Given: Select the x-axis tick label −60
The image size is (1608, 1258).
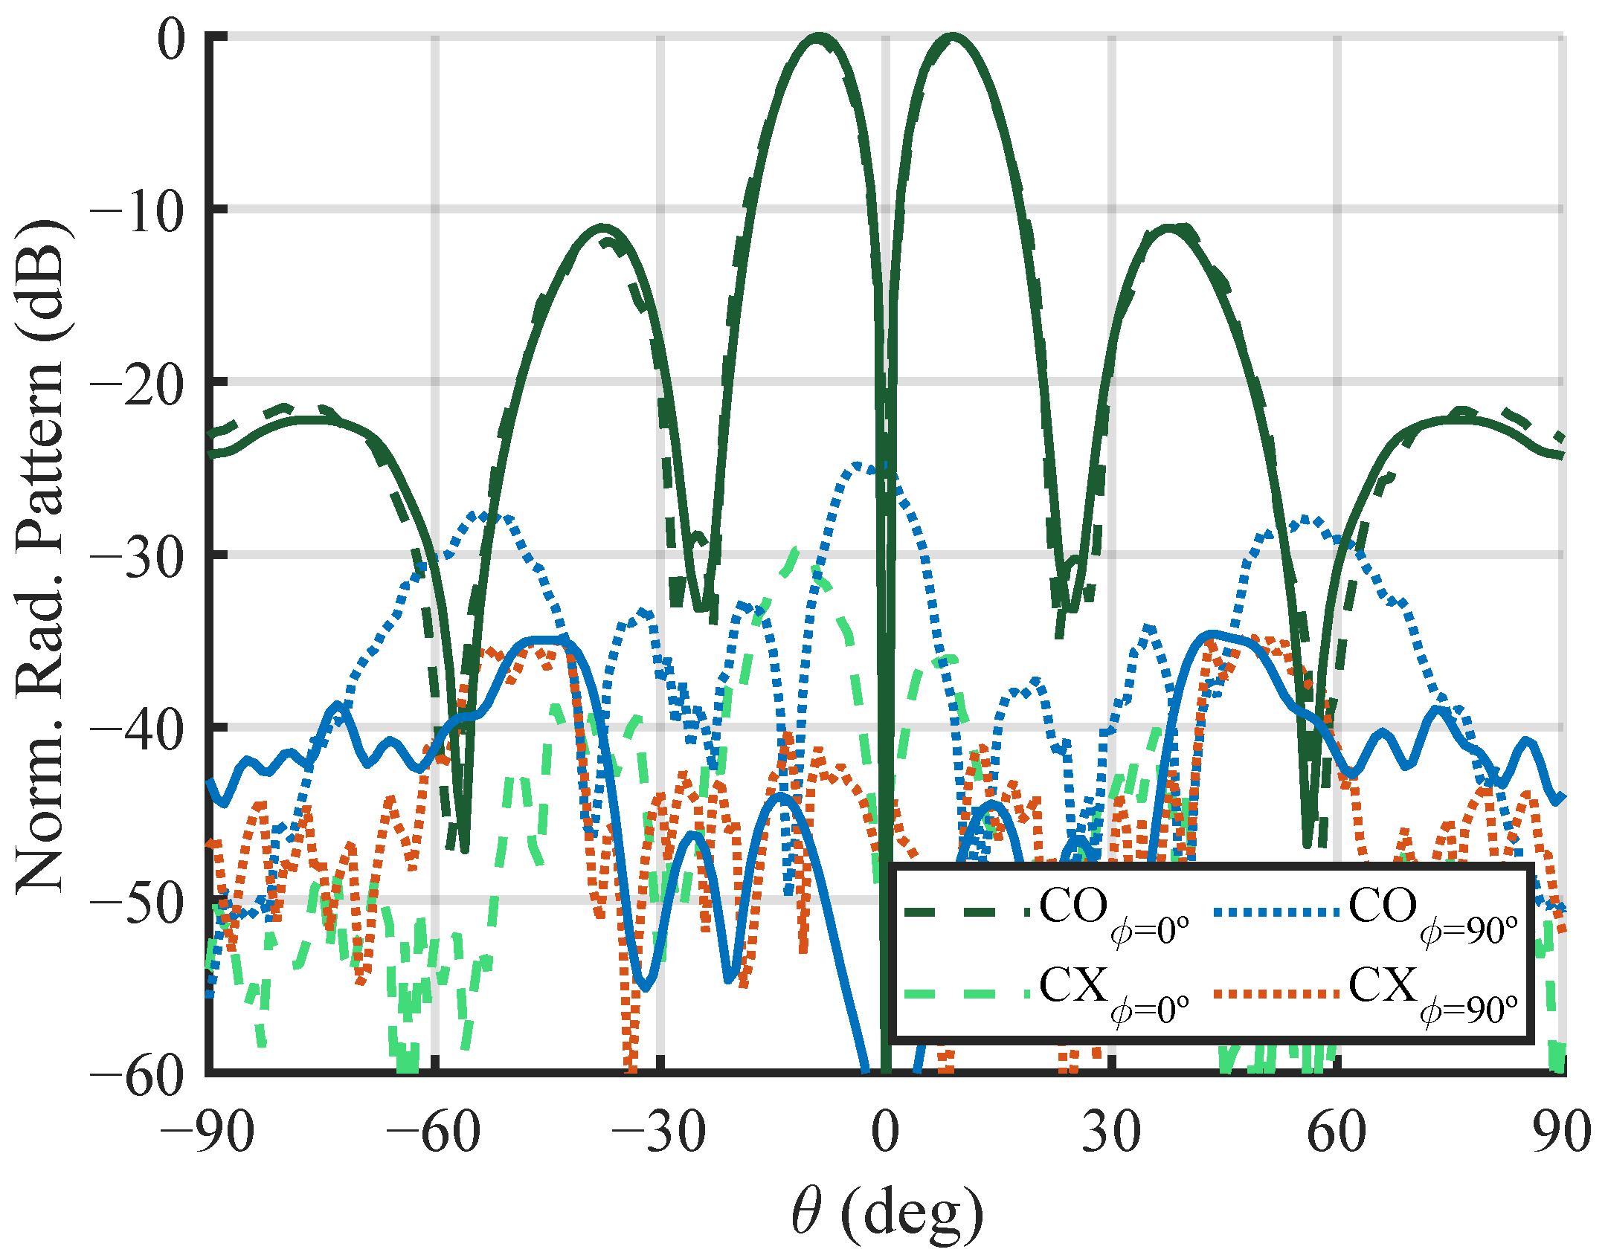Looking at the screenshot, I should pos(434,1132).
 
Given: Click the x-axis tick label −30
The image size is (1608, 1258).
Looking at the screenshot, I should pos(659,1132).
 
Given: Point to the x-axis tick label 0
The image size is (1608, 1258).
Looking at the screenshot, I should pos(885,1132).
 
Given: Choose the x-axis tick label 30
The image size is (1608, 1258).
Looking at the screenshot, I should pos(1111,1132).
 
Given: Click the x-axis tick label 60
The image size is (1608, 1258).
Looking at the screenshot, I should pos(1337,1132).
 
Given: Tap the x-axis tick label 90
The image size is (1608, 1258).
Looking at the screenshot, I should pos(1562,1132).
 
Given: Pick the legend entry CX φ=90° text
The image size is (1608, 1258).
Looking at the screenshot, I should pos(1432,994).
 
